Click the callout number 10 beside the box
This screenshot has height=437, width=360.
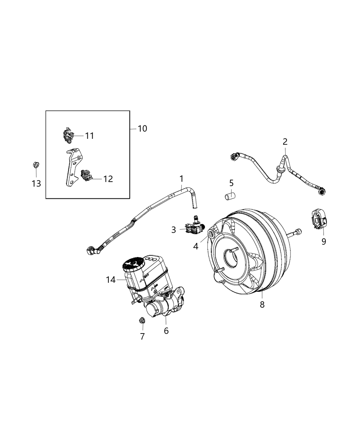click(x=142, y=129)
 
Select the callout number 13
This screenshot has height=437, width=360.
click(x=36, y=183)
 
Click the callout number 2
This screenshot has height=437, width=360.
click(x=285, y=142)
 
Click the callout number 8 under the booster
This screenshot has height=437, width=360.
click(x=262, y=304)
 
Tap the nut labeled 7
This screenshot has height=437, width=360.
click(x=141, y=321)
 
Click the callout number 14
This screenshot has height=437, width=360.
click(x=111, y=280)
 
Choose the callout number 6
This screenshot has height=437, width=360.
click(x=166, y=331)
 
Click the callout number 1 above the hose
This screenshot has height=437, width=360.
click(x=181, y=179)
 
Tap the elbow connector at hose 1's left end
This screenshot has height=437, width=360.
click(x=92, y=251)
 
